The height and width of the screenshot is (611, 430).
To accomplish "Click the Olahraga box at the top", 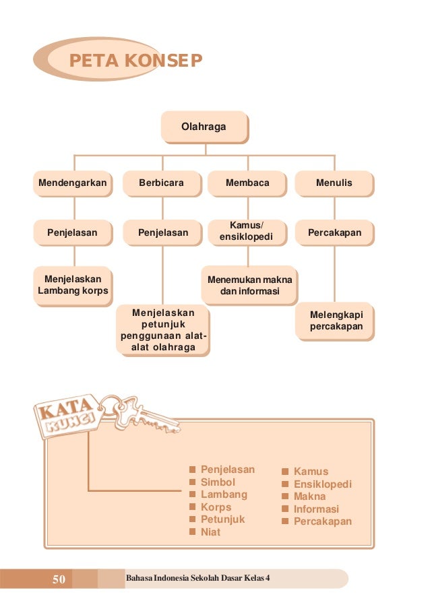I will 204,127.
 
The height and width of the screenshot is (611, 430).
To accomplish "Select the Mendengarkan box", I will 73,183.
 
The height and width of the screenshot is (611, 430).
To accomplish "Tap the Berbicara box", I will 161,183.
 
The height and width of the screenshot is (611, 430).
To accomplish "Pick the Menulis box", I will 334,183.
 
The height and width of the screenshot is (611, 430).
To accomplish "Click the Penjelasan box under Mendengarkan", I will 72,233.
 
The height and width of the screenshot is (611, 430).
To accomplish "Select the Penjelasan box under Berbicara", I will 162,233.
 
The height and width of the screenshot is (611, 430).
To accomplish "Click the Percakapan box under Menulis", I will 334,233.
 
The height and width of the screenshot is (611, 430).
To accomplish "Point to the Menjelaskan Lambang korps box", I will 72,285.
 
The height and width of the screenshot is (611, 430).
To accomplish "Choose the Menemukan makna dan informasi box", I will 248,285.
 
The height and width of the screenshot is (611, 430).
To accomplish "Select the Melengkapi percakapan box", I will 336,321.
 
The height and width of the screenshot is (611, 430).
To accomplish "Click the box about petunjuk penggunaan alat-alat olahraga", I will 162,330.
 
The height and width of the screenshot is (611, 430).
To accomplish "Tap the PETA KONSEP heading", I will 135,61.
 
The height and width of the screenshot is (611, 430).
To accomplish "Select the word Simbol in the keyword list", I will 218,482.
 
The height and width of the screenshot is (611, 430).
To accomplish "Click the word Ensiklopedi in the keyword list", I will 323,484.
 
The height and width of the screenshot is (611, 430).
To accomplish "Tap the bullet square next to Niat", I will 192,532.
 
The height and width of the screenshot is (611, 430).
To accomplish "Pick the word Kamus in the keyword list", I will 311,472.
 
